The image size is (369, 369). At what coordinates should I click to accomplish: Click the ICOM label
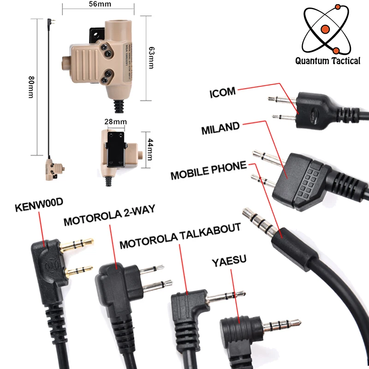pos(223,92)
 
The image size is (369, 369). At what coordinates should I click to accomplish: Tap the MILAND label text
pos(220,128)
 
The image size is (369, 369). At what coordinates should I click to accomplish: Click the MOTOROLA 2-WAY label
pos(109,217)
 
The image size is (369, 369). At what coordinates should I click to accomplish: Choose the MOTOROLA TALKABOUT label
pos(180,236)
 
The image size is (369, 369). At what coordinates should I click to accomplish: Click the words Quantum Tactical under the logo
pos(328,60)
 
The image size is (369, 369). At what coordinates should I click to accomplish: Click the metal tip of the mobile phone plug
pos(258,219)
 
